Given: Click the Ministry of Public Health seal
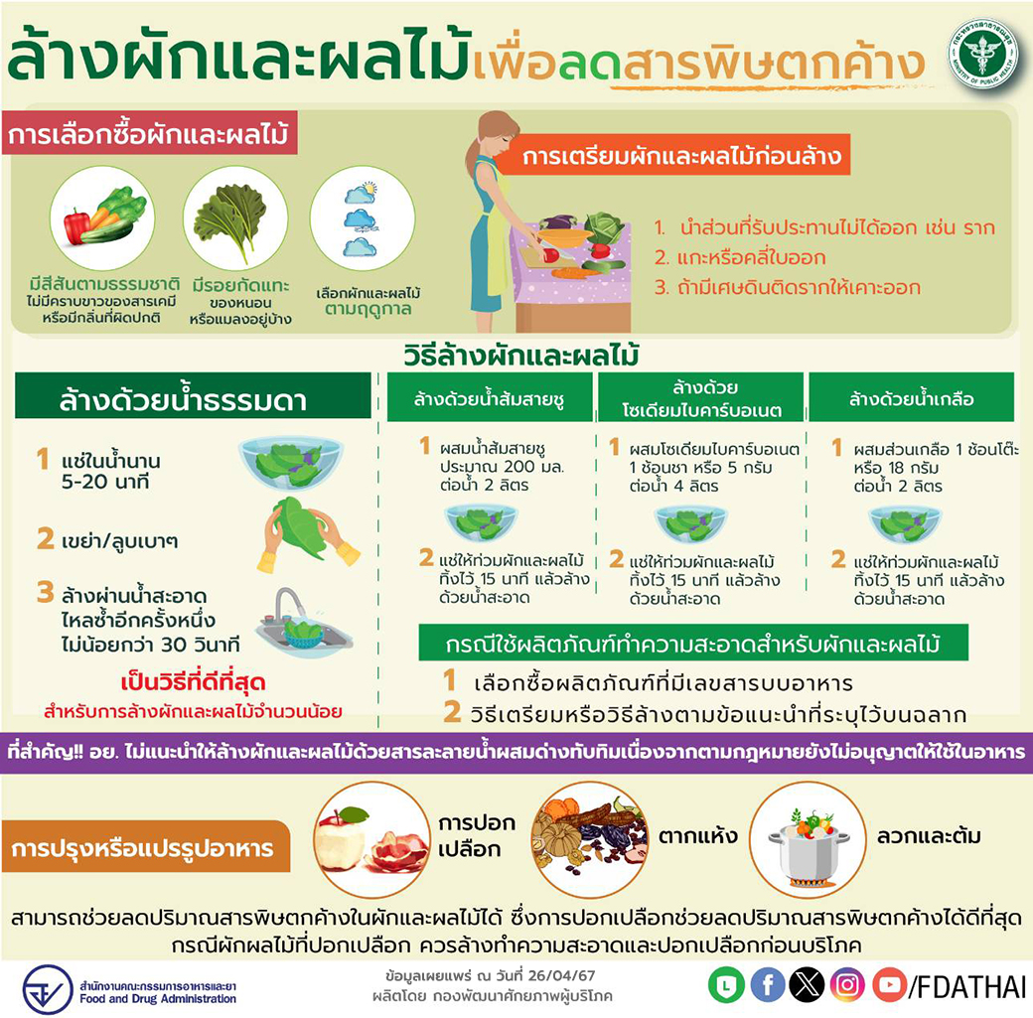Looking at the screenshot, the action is coord(982,54).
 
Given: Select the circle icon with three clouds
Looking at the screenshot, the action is coord(362,218).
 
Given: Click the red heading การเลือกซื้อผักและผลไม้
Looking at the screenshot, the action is coord(149,133).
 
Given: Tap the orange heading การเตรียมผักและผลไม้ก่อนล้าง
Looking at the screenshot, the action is coord(681,156).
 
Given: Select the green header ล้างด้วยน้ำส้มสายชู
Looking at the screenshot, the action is coord(490,398).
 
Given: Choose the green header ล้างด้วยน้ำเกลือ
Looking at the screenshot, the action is coord(911,398).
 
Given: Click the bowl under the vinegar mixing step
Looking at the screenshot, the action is coord(481,521).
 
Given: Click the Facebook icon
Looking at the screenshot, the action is coord(767,985).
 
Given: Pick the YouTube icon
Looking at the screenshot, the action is coord(889,985).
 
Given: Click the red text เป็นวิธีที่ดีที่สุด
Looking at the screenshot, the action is coord(193,681).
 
